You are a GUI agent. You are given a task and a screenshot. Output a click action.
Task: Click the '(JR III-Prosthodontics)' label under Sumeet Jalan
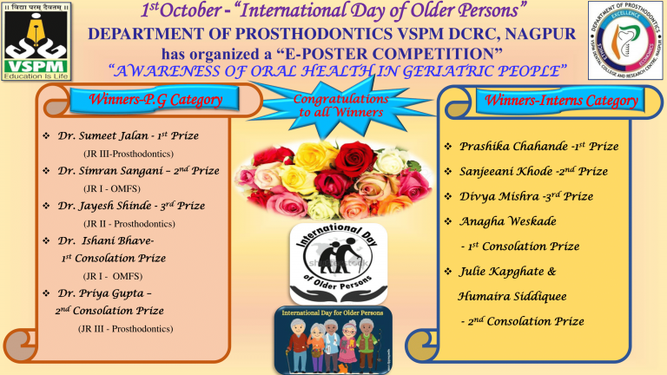click(120, 154)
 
